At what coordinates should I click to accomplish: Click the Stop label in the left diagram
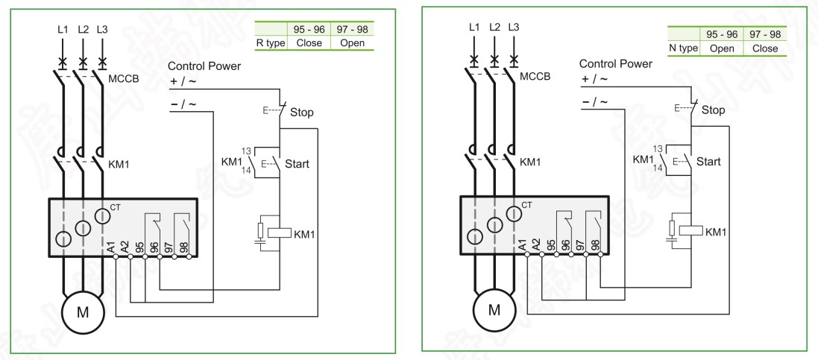[302, 113]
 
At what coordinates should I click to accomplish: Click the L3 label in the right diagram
[514, 28]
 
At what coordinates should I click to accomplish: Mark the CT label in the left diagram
[113, 205]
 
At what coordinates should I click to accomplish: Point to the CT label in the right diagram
[526, 204]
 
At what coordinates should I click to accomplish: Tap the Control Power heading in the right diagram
[617, 63]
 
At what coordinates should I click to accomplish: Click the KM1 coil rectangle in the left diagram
[279, 233]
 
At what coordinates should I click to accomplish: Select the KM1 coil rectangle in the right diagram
[690, 232]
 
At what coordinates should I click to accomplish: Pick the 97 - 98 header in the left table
[352, 31]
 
